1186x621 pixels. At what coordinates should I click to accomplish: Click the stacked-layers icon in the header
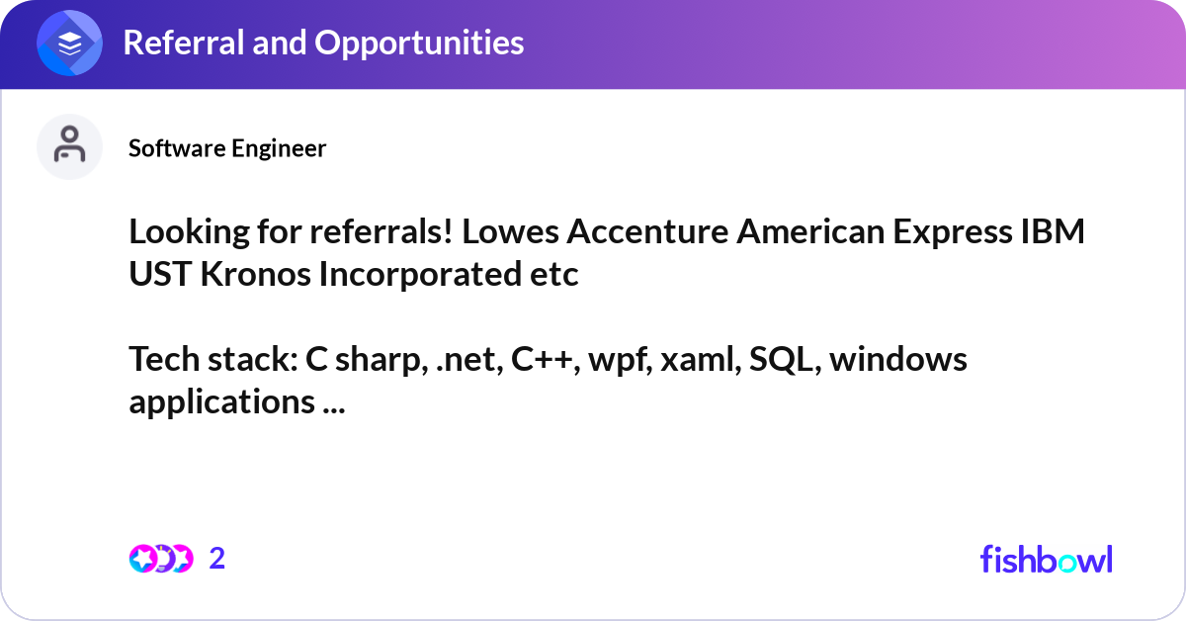click(x=69, y=43)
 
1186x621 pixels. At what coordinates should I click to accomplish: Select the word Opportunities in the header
click(x=419, y=44)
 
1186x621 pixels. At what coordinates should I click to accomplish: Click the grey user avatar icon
click(x=69, y=146)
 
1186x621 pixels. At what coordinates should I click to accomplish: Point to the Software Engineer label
click(x=227, y=148)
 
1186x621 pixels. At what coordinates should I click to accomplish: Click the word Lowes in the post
click(x=510, y=231)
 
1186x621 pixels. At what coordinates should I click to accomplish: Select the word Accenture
click(x=647, y=231)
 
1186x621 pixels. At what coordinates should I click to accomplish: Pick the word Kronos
click(x=255, y=274)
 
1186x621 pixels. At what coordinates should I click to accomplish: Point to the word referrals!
click(x=381, y=231)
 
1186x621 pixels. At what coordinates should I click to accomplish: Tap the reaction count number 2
click(x=217, y=559)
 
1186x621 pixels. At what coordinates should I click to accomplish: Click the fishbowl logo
click(x=1047, y=559)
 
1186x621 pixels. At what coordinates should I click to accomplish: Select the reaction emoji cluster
click(x=161, y=559)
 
